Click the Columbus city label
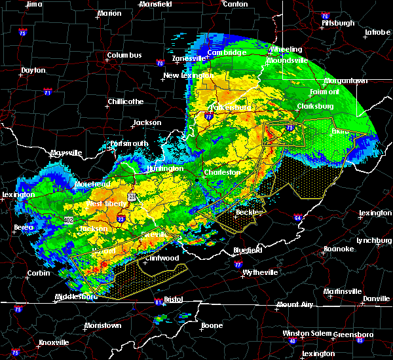(124, 56)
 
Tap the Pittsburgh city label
(338, 23)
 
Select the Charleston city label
(223, 172)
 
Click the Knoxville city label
(54, 342)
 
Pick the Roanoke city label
(339, 249)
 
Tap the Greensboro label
(353, 334)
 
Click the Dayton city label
(33, 70)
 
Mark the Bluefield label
(248, 250)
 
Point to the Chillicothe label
(126, 101)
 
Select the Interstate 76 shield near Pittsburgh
(325, 16)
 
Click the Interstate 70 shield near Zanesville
(159, 63)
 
